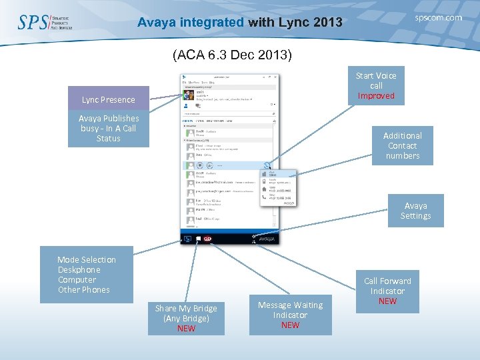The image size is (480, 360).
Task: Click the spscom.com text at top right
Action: click(x=438, y=18)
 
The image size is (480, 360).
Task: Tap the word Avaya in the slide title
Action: click(x=158, y=23)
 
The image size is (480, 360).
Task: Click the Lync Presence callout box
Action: click(x=108, y=99)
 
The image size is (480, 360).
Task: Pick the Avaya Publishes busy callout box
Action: click(x=108, y=129)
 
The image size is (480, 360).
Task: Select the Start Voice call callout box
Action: click(x=375, y=86)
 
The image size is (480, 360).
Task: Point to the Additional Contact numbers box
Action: click(x=402, y=145)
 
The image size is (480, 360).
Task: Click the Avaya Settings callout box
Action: click(x=415, y=211)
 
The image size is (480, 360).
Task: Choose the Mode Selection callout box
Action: click(x=87, y=275)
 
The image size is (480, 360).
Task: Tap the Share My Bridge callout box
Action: click(x=186, y=318)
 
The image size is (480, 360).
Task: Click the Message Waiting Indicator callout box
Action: click(x=290, y=315)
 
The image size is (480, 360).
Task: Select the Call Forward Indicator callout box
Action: click(x=387, y=291)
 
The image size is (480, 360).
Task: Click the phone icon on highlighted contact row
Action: click(x=266, y=165)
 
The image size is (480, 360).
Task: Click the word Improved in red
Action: click(x=376, y=96)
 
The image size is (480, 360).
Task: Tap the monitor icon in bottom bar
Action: click(x=187, y=239)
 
